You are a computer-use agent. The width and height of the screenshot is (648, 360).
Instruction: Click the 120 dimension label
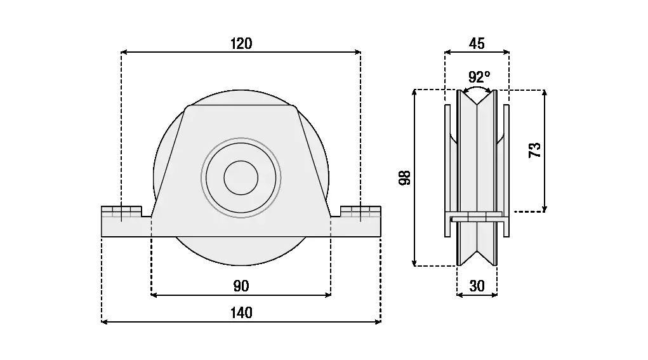point(241,43)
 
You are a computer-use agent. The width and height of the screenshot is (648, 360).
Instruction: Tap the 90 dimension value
point(241,286)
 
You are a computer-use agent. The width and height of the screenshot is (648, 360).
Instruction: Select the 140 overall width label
point(241,313)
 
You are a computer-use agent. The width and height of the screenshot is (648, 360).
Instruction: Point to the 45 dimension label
point(477,43)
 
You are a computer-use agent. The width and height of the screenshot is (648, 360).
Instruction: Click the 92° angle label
point(479,76)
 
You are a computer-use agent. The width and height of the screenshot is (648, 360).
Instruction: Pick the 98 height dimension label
point(405,177)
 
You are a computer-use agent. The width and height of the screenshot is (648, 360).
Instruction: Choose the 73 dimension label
point(535,150)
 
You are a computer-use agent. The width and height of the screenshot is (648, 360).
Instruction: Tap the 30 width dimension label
point(477,286)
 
